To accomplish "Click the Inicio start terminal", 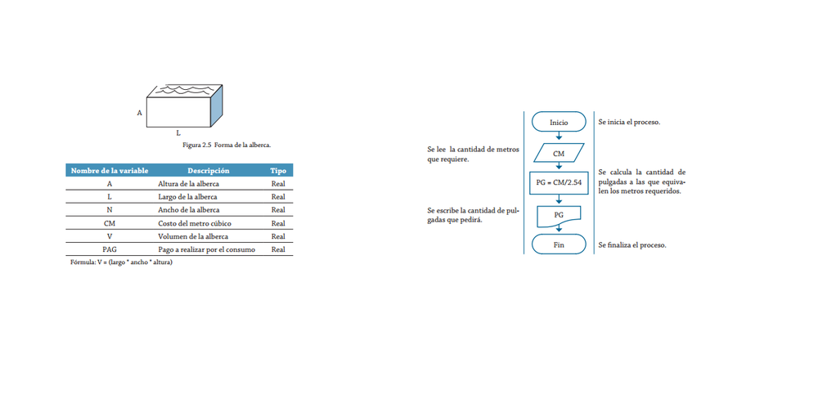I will coord(559,122).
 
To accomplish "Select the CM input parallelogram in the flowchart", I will coord(559,153).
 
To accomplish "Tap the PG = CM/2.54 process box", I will coord(559,183).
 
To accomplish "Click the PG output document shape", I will coord(559,215).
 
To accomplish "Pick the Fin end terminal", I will coord(559,244).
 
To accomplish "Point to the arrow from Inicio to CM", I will coord(559,137).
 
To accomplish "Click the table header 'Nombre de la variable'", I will coord(110,171).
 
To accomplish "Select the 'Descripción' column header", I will coord(208,171).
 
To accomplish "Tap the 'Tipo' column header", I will coord(278,171).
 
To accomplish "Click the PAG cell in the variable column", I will coord(110,249).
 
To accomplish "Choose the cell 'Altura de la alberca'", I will coord(188,184).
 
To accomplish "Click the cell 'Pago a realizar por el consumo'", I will coord(206,249).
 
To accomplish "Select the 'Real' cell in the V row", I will coord(278,236).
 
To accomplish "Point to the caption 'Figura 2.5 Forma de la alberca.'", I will coord(227,145).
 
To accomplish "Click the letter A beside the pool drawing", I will coord(139,112).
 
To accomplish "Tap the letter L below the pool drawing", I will coord(178,132).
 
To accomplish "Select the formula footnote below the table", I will coord(122,262).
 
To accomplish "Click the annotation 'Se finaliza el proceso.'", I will coord(631,245).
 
